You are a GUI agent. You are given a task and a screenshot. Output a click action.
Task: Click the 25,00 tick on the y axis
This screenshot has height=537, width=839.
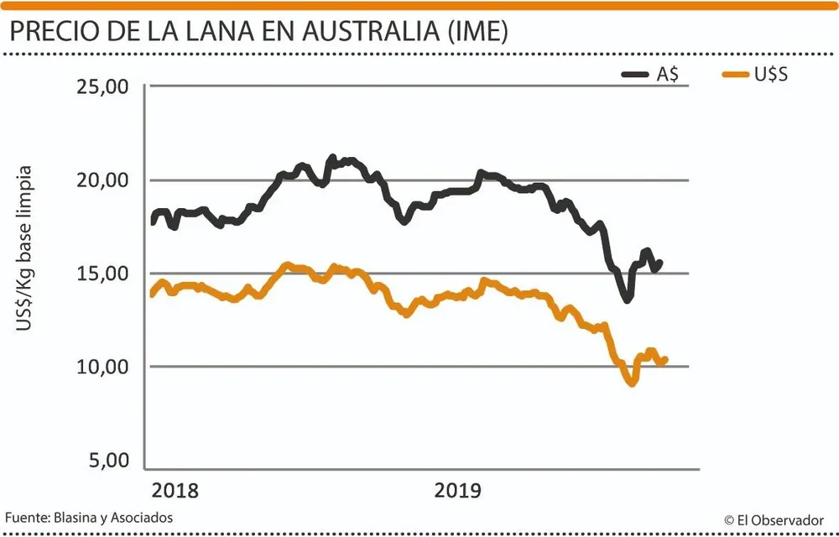coord(103,86)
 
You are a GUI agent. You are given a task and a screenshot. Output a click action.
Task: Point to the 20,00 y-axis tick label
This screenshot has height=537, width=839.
coord(103,180)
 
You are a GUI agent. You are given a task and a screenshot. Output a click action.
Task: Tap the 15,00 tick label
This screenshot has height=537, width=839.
coord(103,274)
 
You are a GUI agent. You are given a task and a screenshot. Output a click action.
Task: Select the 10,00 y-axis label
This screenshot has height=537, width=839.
coord(103,367)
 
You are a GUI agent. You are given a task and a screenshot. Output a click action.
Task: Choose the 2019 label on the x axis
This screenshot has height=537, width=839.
coord(458,490)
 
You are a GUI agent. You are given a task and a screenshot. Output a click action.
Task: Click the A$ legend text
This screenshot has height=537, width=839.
coord(667,74)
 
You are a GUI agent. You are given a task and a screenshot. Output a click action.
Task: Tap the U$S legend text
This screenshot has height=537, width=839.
coord(770,74)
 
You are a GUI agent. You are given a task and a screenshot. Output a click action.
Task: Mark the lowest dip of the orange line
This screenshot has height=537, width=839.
coord(632,383)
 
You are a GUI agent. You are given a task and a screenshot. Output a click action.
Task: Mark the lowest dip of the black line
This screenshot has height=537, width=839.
coord(626,299)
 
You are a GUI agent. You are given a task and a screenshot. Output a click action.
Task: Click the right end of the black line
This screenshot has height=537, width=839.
coord(660,263)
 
